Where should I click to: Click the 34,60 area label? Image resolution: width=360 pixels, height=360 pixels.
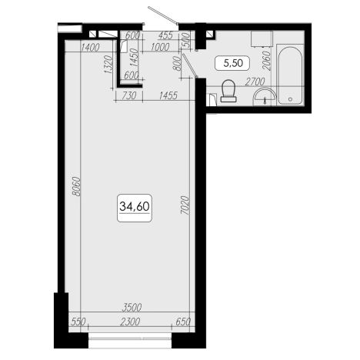tap(135, 207)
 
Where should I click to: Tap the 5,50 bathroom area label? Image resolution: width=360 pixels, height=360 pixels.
tap(233, 63)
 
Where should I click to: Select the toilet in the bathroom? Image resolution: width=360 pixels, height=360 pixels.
tap(228, 91)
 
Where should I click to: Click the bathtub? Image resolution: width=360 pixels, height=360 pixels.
tap(290, 75)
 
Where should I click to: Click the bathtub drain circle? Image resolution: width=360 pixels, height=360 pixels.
tap(290, 99)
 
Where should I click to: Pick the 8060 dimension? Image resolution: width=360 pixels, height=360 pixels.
tap(76, 186)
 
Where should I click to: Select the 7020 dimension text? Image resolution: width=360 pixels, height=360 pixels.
tap(185, 205)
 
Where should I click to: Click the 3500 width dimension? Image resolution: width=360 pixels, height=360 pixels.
tap(132, 307)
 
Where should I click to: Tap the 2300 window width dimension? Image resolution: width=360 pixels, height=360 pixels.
tap(130, 322)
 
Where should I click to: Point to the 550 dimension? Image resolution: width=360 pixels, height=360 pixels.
tap(78, 322)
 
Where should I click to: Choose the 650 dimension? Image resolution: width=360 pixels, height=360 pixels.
tap(183, 322)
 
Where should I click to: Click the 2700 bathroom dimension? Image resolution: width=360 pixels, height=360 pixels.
tap(255, 82)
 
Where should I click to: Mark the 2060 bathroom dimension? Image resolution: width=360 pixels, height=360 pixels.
tap(267, 61)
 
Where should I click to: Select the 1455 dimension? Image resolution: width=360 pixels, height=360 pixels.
tap(168, 95)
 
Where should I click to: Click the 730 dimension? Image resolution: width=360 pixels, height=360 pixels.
tap(129, 95)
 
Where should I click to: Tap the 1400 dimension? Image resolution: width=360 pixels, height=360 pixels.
tap(90, 47)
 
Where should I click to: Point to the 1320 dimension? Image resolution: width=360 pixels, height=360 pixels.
tap(108, 65)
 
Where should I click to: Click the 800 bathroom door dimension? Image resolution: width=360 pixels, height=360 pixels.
tap(177, 63)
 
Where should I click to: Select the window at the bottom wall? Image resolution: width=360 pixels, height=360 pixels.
tap(130, 339)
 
